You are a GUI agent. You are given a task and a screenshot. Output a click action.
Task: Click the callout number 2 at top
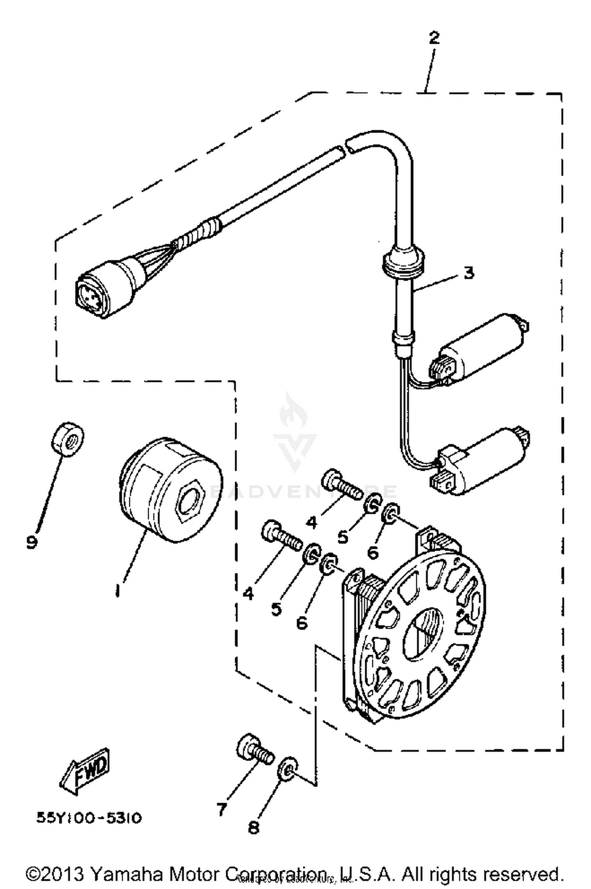[434, 38]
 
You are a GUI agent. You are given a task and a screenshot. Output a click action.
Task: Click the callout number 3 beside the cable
[468, 273]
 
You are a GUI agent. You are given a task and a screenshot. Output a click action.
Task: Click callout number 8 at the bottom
[253, 828]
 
